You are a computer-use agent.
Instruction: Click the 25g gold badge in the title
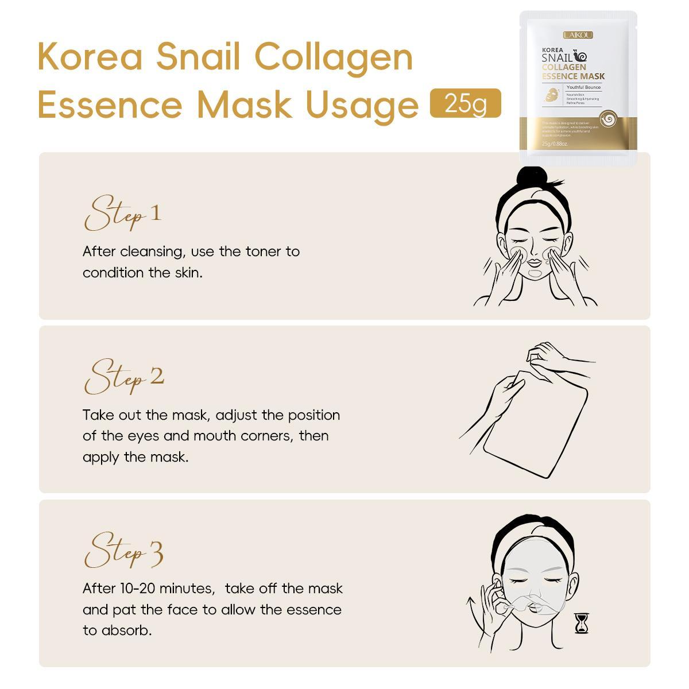pos(465,104)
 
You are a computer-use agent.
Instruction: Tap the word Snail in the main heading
pos(200,57)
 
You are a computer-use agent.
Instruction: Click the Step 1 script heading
pos(122,214)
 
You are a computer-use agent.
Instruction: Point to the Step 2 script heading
pos(123,378)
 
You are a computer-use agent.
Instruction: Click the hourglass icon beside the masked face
pos(582,623)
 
